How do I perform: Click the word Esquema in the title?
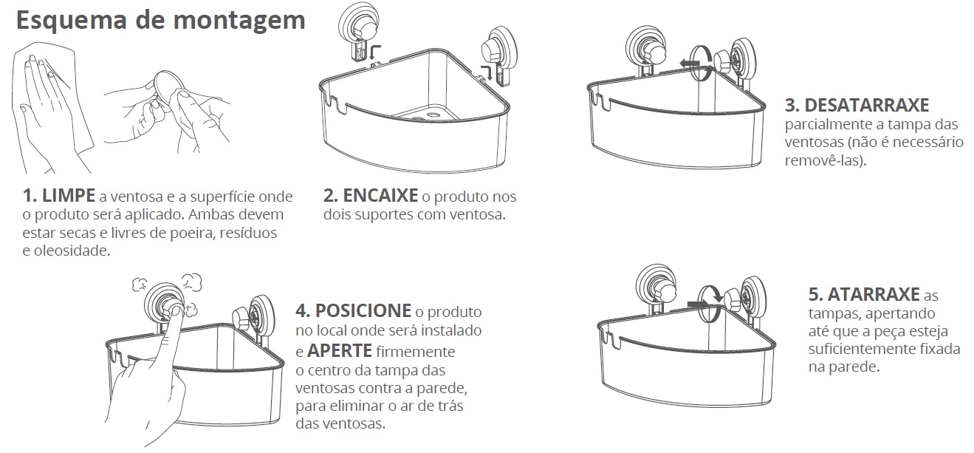pyautogui.click(x=72, y=21)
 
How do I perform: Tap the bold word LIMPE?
pyautogui.click(x=69, y=196)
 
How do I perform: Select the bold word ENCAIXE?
pyautogui.click(x=380, y=196)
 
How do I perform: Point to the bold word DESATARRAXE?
pyautogui.click(x=867, y=106)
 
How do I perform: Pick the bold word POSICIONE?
pyautogui.click(x=363, y=310)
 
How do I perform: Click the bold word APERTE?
pyautogui.click(x=340, y=351)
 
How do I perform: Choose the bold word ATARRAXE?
pyautogui.click(x=873, y=295)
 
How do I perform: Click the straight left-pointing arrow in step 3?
pyautogui.click(x=690, y=64)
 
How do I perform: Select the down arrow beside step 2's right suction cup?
pyautogui.click(x=488, y=72)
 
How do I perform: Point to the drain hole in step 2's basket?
pyautogui.click(x=433, y=115)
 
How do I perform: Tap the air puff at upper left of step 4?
pyautogui.click(x=141, y=285)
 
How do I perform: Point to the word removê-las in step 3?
pyautogui.click(x=823, y=160)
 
